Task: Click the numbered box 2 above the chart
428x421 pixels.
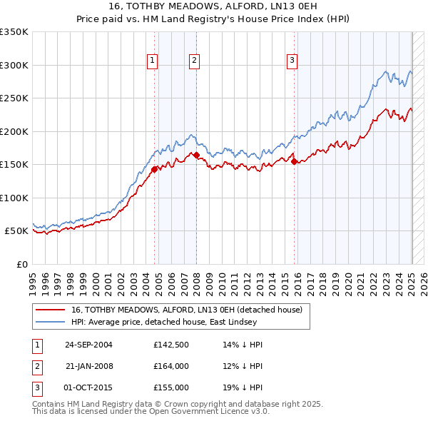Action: (x=194, y=61)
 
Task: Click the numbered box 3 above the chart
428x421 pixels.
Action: (x=292, y=61)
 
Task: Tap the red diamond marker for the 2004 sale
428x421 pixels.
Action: (x=154, y=169)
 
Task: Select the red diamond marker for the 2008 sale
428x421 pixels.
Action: (x=196, y=155)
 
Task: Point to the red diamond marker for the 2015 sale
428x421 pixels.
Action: (x=294, y=161)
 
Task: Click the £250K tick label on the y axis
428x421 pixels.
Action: (x=14, y=98)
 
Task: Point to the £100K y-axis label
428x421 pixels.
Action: (x=14, y=198)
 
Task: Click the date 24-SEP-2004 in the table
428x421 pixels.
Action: (x=88, y=345)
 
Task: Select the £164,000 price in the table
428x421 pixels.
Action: (x=171, y=366)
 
